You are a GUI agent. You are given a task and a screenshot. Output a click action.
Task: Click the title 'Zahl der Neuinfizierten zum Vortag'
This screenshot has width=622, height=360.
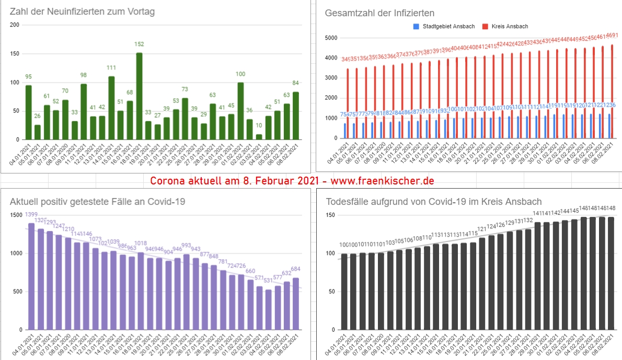[83, 11]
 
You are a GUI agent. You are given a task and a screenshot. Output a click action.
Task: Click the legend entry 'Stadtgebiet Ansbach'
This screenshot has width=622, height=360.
[435, 26]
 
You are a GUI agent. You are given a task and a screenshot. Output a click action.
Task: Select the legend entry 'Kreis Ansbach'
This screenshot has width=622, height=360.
[509, 26]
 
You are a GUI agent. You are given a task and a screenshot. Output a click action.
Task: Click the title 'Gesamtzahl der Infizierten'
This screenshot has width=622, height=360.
[380, 13]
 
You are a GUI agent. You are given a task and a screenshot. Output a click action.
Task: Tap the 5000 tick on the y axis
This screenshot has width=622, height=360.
[331, 38]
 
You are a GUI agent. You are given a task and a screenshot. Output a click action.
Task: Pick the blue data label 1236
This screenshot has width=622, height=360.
[608, 106]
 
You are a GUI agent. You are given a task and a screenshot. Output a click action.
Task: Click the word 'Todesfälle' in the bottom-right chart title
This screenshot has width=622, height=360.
[348, 202]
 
